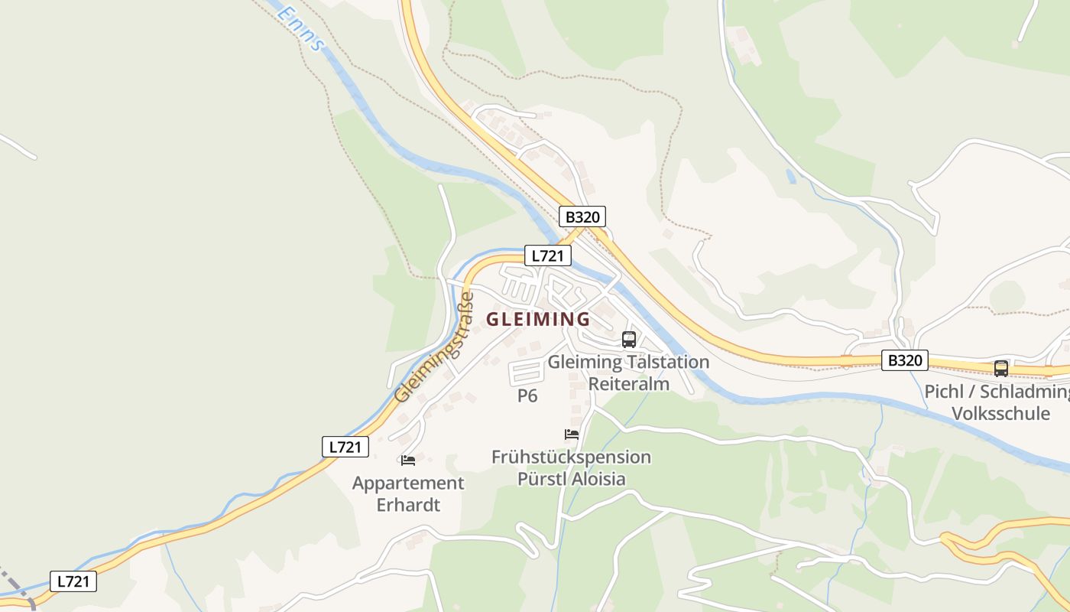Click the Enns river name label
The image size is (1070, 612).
[x=300, y=28]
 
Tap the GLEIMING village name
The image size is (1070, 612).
[x=538, y=319]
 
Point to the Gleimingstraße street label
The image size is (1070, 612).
[x=433, y=348]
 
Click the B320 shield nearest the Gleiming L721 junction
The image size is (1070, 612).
[x=582, y=216]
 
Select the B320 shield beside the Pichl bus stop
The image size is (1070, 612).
[x=905, y=360]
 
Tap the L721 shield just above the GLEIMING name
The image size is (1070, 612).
[x=547, y=256]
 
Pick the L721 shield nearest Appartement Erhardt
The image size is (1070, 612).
[x=345, y=447]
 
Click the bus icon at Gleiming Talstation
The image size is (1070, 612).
[x=629, y=340]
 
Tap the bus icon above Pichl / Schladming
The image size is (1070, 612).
[x=1000, y=368]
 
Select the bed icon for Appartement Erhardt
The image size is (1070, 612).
[x=408, y=460]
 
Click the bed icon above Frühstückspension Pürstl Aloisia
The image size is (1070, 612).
[x=572, y=434]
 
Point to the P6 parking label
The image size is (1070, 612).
[x=527, y=396]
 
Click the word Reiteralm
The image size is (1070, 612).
[x=629, y=383]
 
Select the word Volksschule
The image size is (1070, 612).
[x=1000, y=414]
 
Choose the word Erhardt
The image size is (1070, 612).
[x=408, y=505]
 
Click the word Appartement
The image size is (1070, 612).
[x=408, y=483]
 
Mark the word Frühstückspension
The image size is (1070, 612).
[x=571, y=457]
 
